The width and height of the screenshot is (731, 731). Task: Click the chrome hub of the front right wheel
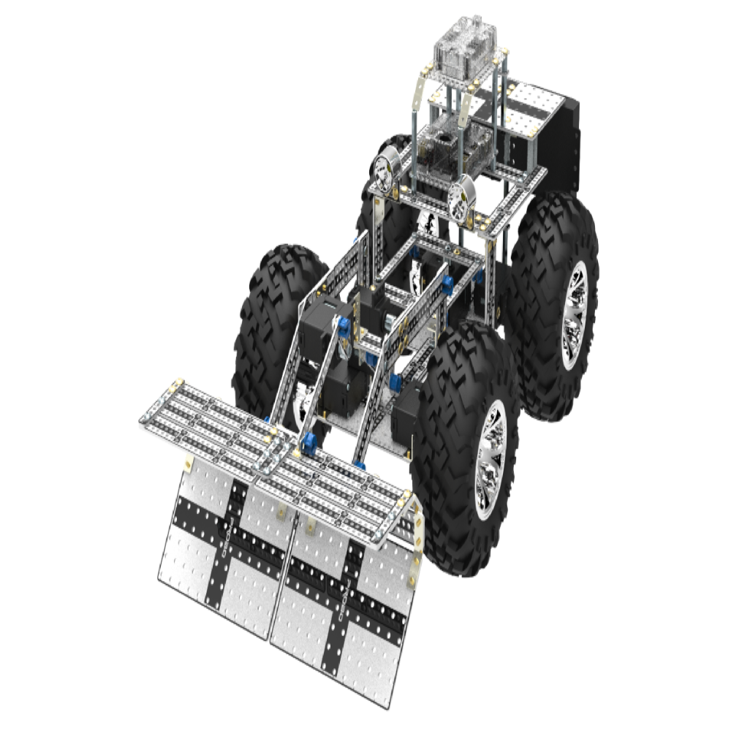point(488,460)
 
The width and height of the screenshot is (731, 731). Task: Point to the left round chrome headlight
point(383,173)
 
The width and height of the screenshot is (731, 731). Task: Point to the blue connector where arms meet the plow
point(311,442)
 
